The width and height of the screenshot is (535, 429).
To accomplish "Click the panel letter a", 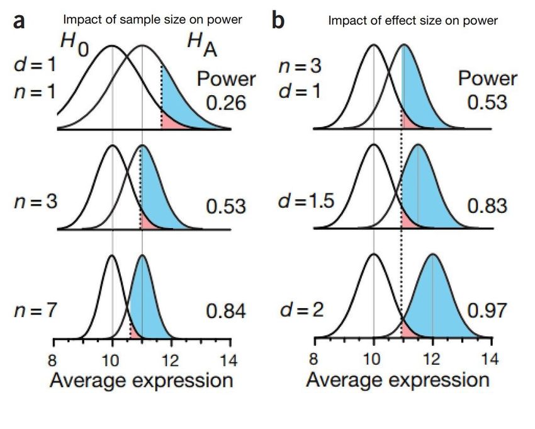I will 20,22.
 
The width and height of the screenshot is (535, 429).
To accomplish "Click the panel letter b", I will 278,21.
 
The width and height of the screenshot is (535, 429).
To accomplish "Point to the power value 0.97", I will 487,311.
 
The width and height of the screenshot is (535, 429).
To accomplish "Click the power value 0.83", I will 487,205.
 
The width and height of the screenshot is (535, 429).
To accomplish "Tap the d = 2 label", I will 301,311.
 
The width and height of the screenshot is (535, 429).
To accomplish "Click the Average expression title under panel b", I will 398,380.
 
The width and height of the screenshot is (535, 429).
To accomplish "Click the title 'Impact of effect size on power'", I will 413,21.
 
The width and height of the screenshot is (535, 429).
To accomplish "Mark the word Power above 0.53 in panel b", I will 487,79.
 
